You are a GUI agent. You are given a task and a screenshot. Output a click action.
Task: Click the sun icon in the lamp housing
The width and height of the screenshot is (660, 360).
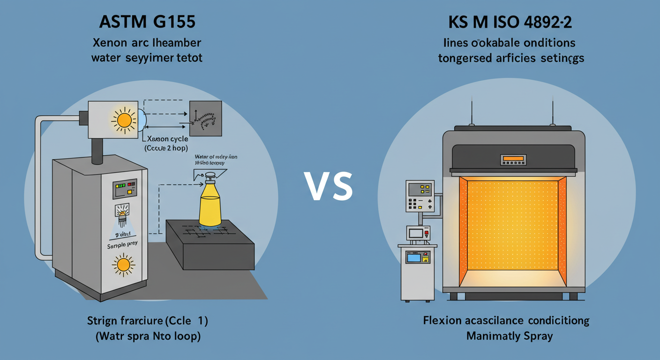coord(124,120)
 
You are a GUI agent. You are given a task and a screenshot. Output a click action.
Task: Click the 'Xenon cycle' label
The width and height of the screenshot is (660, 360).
coord(167,139)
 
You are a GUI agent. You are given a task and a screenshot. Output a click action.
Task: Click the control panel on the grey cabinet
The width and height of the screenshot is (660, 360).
coord(124,189)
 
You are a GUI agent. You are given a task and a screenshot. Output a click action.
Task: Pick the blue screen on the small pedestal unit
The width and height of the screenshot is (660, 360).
coord(413,258)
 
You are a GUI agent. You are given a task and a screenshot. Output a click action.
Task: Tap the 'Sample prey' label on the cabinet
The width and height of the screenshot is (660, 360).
coord(119,245)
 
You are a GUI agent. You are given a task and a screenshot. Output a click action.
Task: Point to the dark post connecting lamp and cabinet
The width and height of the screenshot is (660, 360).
coord(97,151)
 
